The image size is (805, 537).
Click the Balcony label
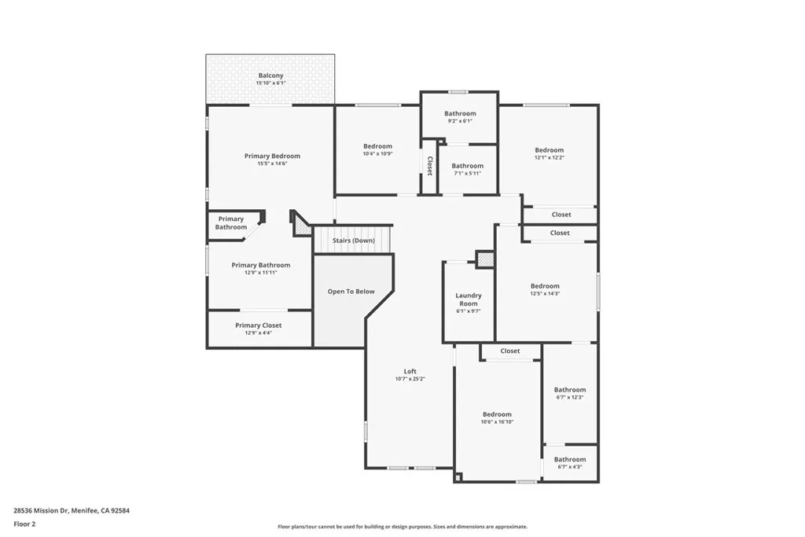click(x=270, y=75)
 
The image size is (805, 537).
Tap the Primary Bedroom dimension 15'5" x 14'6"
click(x=272, y=164)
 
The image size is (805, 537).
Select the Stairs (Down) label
click(x=353, y=241)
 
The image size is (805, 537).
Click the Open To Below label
click(x=351, y=292)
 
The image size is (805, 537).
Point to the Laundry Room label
click(x=469, y=299)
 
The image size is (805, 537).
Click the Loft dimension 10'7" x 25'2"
click(x=410, y=379)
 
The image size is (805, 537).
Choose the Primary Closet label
click(x=259, y=326)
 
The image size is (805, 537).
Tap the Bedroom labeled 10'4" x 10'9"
click(x=377, y=146)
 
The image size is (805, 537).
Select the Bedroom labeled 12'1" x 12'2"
click(x=550, y=150)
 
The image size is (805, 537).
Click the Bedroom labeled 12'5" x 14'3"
click(x=545, y=286)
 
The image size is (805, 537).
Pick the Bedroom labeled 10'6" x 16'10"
click(x=497, y=414)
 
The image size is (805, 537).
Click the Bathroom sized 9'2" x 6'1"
click(x=460, y=113)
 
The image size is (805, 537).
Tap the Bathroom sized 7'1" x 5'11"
click(x=467, y=166)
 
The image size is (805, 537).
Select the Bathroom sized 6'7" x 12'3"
click(x=570, y=390)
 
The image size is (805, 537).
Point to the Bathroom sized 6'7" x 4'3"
click(x=570, y=459)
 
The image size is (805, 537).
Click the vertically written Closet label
click(x=430, y=165)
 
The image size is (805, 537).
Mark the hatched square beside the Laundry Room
click(x=485, y=259)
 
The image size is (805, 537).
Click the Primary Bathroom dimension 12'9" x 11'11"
click(x=260, y=272)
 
